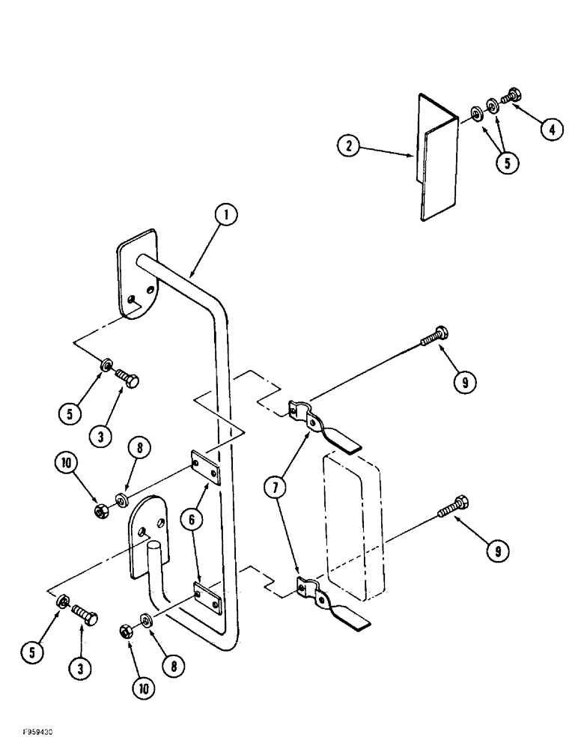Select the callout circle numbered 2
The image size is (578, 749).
point(346,145)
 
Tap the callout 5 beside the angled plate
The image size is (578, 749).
point(508,163)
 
